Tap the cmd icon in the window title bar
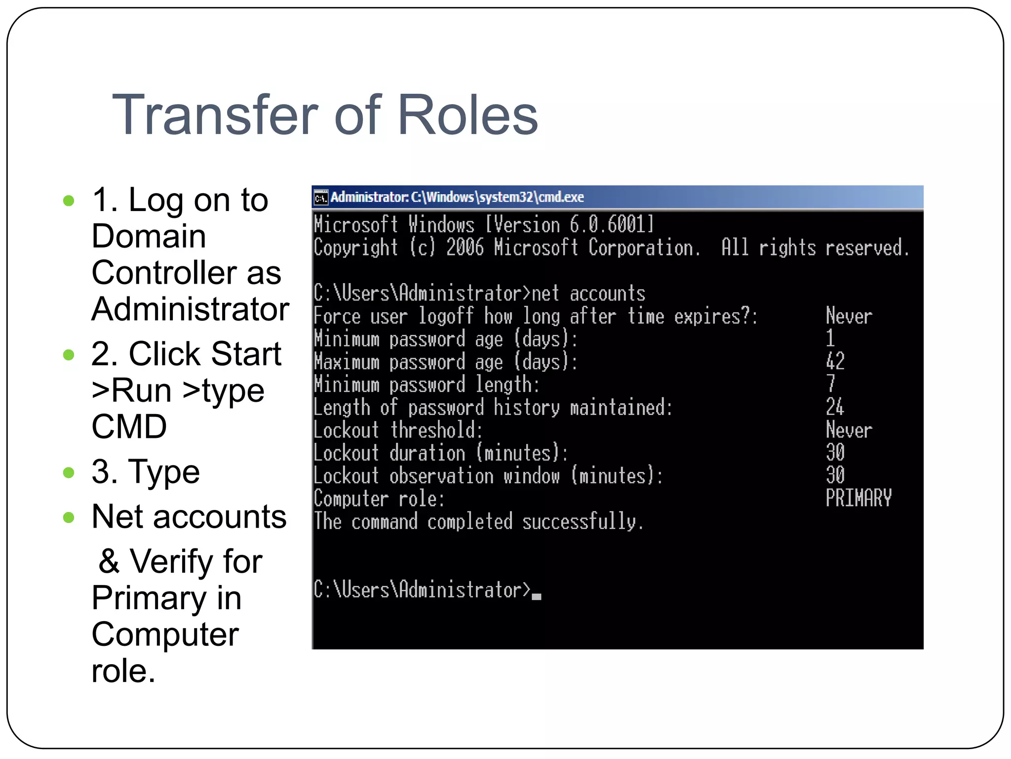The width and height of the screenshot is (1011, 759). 321,198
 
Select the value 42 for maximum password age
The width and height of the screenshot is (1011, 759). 835,361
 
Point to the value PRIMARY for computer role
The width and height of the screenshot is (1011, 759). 858,498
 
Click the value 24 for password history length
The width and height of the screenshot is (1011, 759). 835,407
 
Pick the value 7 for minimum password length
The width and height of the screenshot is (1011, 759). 831,384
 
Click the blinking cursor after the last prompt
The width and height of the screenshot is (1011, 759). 537,596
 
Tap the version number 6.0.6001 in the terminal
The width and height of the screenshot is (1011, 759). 612,225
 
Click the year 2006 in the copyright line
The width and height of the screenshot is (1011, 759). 465,248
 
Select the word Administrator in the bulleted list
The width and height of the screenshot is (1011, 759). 190,309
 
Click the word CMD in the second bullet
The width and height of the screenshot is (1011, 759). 129,426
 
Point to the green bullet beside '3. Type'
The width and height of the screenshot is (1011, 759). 69,473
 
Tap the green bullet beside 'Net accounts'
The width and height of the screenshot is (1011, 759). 69,518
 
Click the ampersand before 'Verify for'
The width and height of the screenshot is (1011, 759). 109,562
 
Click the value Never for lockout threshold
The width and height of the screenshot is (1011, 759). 849,430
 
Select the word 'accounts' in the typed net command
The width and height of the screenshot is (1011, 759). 607,294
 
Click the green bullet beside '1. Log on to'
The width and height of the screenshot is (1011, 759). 69,201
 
